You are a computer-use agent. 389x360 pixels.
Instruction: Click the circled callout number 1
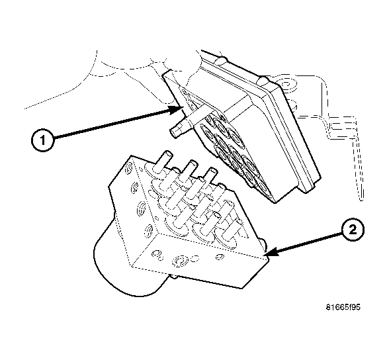click(x=42, y=140)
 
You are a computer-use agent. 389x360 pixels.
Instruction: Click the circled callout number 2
click(x=351, y=230)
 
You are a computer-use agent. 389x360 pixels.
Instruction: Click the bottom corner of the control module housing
click(x=305, y=193)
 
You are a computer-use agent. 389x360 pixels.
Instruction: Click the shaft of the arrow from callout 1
click(x=112, y=123)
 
